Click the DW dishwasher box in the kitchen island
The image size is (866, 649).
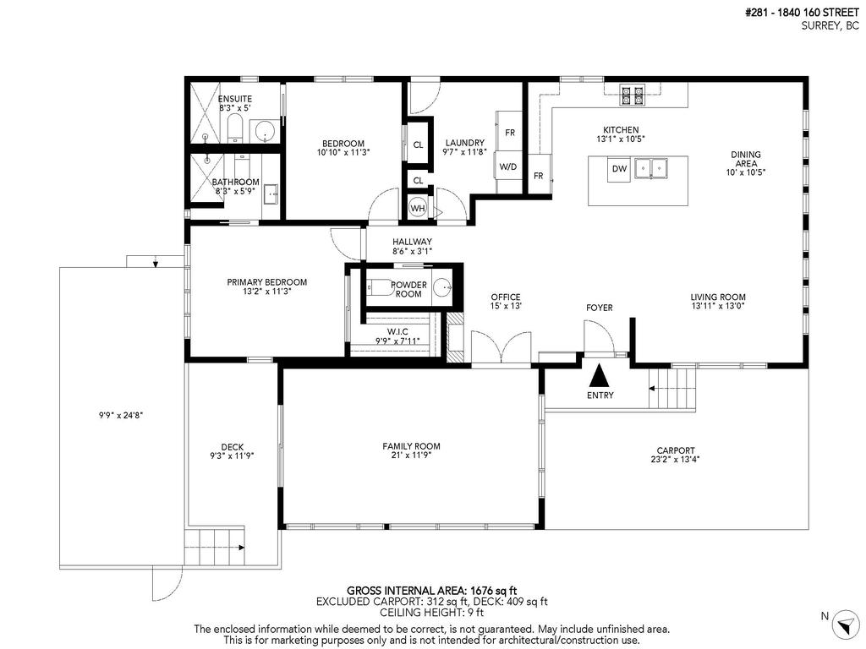[x=620, y=169]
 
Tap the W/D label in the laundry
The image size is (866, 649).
[x=507, y=167]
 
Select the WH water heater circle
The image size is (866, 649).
[x=418, y=208]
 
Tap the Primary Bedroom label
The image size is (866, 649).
[x=266, y=282]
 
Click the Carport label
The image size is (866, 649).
[x=676, y=450]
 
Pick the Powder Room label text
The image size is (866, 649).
[x=408, y=289]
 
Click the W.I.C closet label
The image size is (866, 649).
[x=397, y=331]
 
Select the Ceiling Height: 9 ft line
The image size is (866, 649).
[x=431, y=613]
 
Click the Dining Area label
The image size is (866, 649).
[x=746, y=159]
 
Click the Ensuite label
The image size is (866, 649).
[x=235, y=99]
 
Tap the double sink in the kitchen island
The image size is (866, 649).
[x=654, y=168]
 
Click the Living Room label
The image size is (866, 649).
[x=718, y=297]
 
